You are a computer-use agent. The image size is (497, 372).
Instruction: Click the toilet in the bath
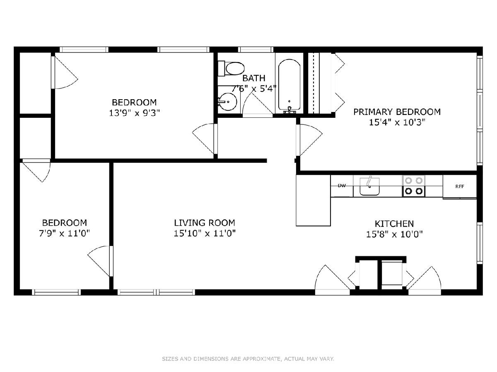pyautogui.click(x=232, y=69)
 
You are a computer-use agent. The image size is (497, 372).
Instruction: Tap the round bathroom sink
pyautogui.click(x=227, y=102)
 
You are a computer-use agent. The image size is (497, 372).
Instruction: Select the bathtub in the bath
pyautogui.click(x=290, y=86)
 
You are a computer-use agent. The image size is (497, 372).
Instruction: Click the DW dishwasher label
pyautogui.click(x=342, y=186)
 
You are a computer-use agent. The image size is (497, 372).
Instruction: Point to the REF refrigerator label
pyautogui.click(x=460, y=186)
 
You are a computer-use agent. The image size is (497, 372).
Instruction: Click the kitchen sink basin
pyautogui.click(x=369, y=186)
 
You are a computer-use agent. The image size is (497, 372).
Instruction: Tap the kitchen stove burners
pyautogui.click(x=414, y=186)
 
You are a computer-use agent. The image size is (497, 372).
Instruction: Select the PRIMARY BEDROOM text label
pyautogui.click(x=397, y=112)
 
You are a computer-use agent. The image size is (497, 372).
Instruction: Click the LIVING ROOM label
pyautogui.click(x=205, y=223)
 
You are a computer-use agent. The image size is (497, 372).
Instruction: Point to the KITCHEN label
pyautogui.click(x=394, y=224)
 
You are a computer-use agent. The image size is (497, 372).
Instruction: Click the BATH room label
pyautogui.click(x=254, y=78)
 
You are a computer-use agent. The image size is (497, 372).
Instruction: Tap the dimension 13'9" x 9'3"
pyautogui.click(x=135, y=113)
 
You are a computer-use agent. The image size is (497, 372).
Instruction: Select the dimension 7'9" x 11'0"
pyautogui.click(x=65, y=233)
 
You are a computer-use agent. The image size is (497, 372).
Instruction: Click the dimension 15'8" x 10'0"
pyautogui.click(x=394, y=234)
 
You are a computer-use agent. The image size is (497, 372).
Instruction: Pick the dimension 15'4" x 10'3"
pyautogui.click(x=397, y=122)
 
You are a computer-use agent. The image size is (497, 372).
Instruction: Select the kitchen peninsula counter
pyautogui.click(x=313, y=200)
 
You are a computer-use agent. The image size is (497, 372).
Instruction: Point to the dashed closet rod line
pyautogui.click(x=314, y=83)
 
